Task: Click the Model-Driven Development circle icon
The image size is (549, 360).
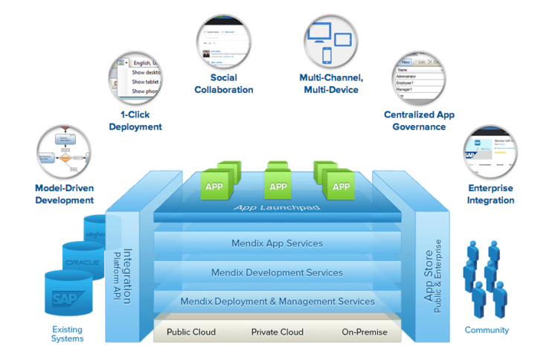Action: [63, 150]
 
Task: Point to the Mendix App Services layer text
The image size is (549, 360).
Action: [277, 243]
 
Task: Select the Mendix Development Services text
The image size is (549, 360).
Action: [277, 272]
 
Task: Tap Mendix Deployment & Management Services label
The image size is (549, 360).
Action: [277, 301]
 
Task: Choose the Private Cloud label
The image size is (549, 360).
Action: [277, 332]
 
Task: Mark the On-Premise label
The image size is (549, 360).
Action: [365, 332]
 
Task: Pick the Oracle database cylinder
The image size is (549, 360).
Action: [82, 262]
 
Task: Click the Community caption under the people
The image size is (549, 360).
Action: [487, 330]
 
